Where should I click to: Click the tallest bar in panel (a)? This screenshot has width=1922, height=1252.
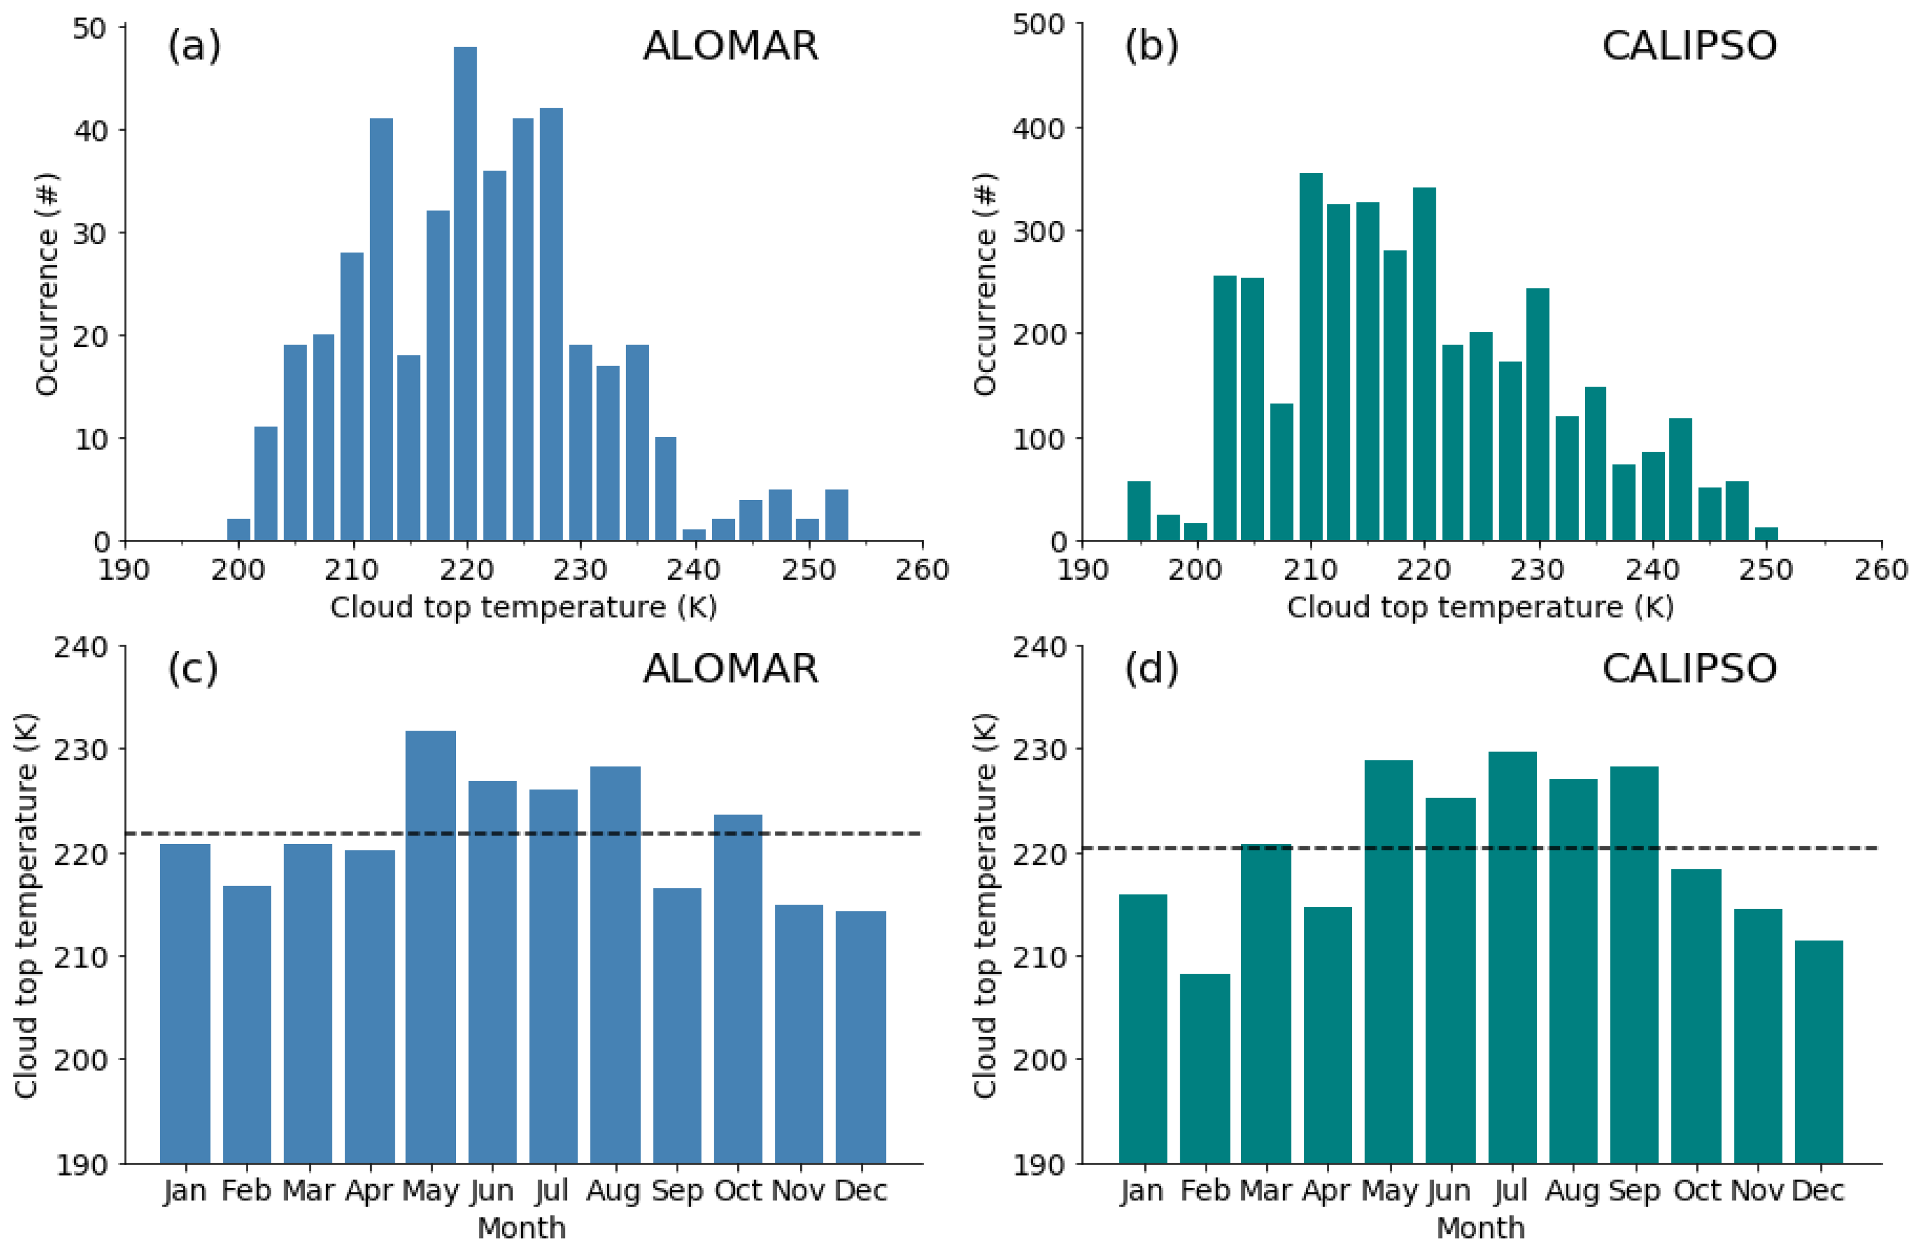(x=464, y=294)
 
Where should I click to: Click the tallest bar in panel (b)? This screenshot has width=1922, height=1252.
(x=1311, y=357)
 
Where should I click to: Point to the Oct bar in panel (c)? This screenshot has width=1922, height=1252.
(x=737, y=988)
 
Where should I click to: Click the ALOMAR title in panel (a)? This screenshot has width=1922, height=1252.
(x=730, y=46)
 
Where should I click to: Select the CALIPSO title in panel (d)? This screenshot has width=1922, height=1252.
(x=1690, y=668)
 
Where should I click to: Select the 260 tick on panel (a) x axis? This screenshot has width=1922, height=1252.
(x=922, y=570)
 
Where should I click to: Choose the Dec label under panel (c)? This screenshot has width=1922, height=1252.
(x=861, y=1191)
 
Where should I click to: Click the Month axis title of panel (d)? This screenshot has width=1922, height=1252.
(x=1480, y=1228)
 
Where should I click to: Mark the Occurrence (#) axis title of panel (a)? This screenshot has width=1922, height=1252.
(x=47, y=284)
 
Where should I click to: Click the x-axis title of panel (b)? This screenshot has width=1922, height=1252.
(x=1480, y=607)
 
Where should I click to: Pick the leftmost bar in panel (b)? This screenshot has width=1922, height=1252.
(x=1139, y=511)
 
